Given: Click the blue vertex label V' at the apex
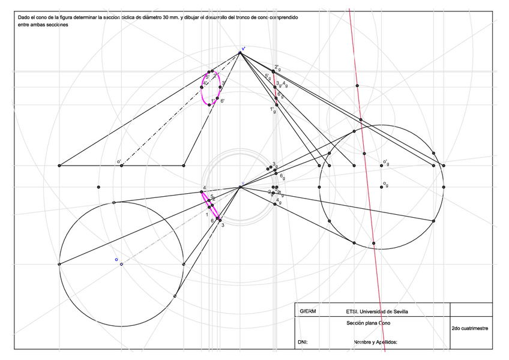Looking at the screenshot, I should coord(243,49).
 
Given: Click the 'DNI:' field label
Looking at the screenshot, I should coord(303,343).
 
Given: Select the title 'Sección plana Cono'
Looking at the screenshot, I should coord(372,323).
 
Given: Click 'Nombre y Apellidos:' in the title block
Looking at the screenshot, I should coord(376,343).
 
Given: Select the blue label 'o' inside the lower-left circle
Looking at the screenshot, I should coord(116,260).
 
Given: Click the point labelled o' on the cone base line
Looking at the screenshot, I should coord(122,165).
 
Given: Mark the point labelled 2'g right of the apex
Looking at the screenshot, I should coord(273,71).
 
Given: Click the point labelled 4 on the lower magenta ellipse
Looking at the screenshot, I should coord(202,192).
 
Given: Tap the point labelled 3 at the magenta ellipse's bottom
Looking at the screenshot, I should coord(219,220).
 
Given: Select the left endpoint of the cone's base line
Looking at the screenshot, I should coord(59,165).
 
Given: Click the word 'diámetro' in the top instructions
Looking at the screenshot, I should coord(153,18).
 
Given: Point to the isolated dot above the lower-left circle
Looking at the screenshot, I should coord(98,187).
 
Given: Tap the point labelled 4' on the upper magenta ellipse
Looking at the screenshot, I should coord(202,88).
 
